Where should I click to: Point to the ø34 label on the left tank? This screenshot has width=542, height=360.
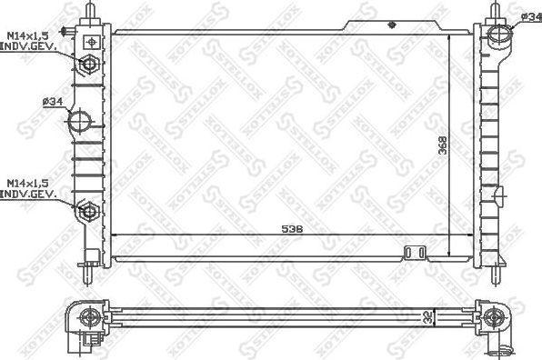[52, 102]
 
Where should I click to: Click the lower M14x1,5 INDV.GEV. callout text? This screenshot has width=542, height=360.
[29, 188]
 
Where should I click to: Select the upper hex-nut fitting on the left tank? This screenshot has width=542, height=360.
[90, 65]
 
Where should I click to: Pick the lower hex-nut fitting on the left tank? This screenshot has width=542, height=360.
[90, 212]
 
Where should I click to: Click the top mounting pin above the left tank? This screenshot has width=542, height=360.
[91, 11]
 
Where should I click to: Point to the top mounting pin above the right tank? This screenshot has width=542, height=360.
[497, 11]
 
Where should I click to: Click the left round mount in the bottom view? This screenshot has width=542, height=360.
[91, 317]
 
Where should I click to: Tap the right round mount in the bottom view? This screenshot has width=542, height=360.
[493, 317]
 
